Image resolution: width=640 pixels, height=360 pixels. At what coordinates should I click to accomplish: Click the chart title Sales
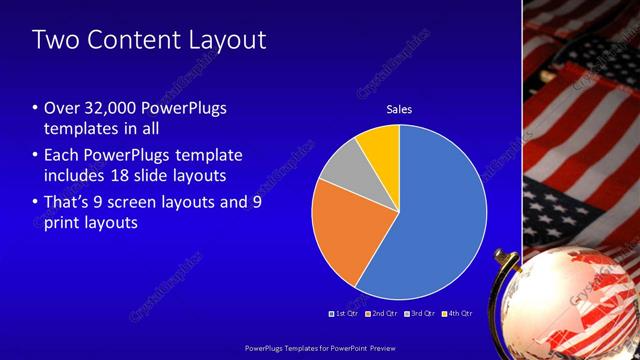399,109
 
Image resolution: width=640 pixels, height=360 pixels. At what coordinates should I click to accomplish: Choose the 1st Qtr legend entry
344,314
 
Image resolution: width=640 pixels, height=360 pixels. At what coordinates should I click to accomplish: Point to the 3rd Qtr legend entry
419,314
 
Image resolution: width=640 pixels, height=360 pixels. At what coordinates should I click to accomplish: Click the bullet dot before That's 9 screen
35,202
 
